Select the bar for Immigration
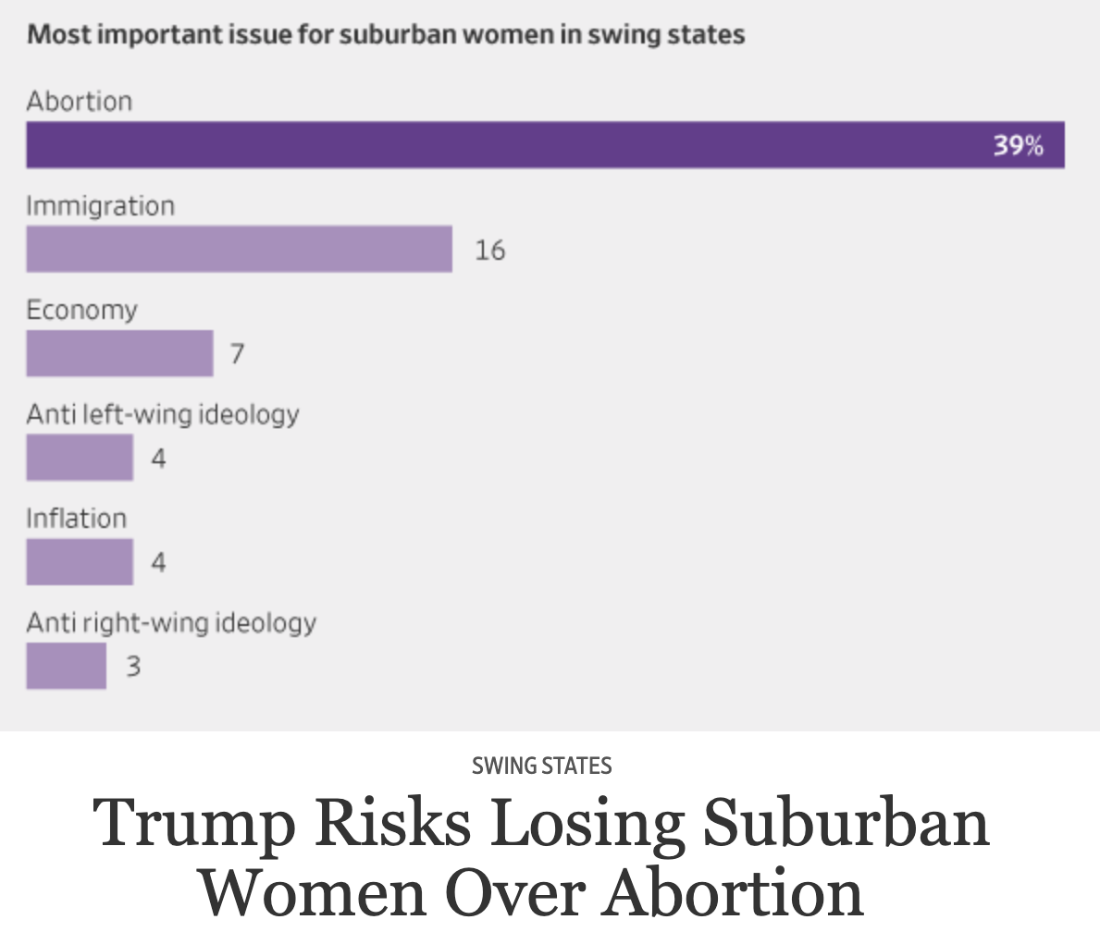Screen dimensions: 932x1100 pyautogui.click(x=239, y=249)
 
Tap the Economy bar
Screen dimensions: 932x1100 pyautogui.click(x=119, y=353)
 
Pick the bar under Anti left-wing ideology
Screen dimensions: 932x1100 pyautogui.click(x=80, y=458)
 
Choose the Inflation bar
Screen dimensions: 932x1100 pyautogui.click(x=80, y=562)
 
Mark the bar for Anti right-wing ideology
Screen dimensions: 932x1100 pyautogui.click(x=66, y=666)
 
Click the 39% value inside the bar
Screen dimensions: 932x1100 pyautogui.click(x=1018, y=145)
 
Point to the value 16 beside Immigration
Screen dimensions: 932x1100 pyautogui.click(x=489, y=250)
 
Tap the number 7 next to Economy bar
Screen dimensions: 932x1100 pyautogui.click(x=237, y=354)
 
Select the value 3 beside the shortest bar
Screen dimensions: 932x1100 pyautogui.click(x=133, y=667)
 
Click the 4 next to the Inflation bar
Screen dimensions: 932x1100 pyautogui.click(x=158, y=562)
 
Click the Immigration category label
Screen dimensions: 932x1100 pyautogui.click(x=100, y=205)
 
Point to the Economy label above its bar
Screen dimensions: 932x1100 pyautogui.click(x=81, y=310)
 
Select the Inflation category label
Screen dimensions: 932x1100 pyautogui.click(x=76, y=518)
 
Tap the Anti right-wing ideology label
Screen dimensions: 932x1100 pyautogui.click(x=171, y=622)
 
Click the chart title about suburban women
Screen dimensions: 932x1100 pyautogui.click(x=386, y=36)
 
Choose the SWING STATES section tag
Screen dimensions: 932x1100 pyautogui.click(x=541, y=766)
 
